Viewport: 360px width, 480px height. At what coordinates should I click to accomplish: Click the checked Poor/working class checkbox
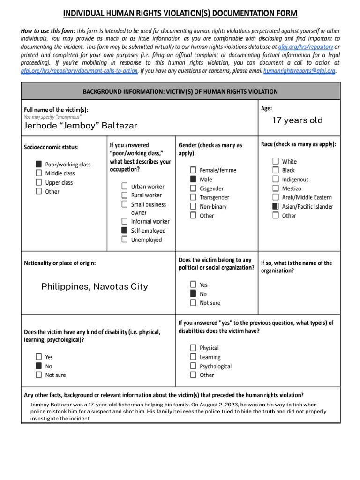[x=39, y=165]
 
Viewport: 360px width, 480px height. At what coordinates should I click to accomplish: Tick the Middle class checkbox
[x=39, y=173]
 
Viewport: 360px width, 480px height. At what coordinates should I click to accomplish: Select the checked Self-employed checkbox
[x=124, y=231]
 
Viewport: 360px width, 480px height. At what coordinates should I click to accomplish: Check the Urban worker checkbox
[x=124, y=186]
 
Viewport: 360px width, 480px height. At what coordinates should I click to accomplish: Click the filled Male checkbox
[x=193, y=180]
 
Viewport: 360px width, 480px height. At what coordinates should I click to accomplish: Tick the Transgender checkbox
[x=193, y=197]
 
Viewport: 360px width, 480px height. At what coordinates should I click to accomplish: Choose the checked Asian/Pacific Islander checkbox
[x=276, y=207]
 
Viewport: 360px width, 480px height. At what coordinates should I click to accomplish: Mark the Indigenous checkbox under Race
[x=276, y=180]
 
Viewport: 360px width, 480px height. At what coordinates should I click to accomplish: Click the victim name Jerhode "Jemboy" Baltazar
[x=81, y=126]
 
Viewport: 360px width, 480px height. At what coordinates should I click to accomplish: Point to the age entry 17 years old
[x=297, y=120]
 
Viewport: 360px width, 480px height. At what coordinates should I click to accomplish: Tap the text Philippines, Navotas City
[x=94, y=286]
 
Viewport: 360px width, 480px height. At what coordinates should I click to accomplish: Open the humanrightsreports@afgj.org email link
[x=299, y=71]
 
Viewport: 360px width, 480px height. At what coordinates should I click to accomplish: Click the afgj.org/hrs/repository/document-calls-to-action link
[x=79, y=71]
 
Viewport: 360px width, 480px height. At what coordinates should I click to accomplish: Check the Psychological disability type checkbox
[x=193, y=366]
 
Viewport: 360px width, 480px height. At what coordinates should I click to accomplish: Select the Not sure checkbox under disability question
[x=39, y=375]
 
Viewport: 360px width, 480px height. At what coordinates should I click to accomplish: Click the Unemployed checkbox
[x=124, y=240]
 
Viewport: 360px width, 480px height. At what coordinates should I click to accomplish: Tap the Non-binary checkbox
[x=193, y=207]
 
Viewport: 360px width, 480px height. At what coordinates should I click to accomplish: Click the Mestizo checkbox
[x=276, y=188]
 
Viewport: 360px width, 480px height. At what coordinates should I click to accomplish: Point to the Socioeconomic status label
[x=51, y=147]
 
